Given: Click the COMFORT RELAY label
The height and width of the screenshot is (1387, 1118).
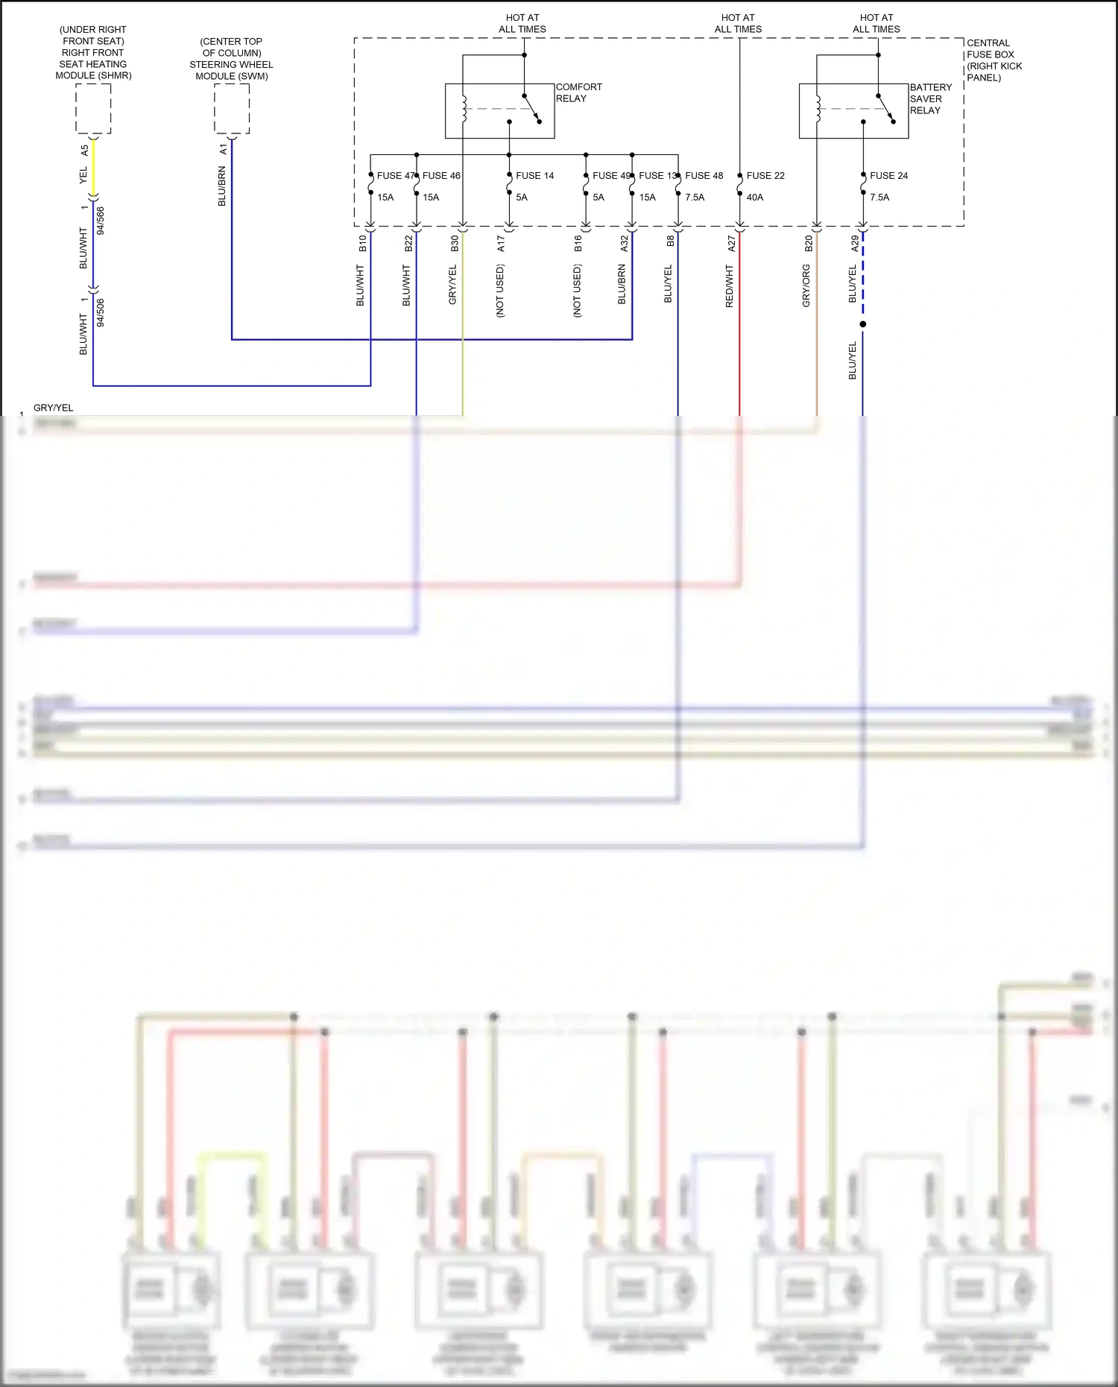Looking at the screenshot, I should pos(578,92).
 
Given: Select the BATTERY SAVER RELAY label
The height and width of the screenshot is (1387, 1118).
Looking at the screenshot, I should pos(930,98).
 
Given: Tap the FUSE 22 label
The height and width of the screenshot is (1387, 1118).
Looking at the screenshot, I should pos(765,176).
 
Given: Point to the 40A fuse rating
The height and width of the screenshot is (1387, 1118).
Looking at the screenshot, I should pos(755,198).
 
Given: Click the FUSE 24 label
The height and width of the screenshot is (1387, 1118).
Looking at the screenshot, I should pos(888,176).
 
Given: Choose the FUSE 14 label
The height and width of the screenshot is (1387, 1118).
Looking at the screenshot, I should pos(534,176).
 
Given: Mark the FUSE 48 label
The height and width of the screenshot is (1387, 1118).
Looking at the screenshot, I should pos(704,176).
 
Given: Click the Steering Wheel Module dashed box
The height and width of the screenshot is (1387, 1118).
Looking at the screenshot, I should pos(232,109).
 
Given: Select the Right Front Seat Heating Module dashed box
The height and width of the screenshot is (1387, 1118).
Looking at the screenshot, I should pos(93,109).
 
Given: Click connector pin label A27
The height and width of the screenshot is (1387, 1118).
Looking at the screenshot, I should pos(731,243).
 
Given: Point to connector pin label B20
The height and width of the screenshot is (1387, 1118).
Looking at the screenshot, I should pos(809,243).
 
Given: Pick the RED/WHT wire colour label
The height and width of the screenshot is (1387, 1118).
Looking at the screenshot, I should pos(730,286).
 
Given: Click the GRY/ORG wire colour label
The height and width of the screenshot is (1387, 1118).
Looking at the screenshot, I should pos(806,286).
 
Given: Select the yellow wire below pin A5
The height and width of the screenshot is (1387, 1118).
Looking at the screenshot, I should pos(94,168).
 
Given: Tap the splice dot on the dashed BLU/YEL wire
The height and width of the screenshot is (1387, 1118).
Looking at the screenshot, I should pos(863,324).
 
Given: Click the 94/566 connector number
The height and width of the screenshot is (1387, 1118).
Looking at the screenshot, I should pos(101,221).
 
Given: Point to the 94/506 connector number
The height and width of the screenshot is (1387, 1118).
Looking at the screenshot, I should pos(101,312).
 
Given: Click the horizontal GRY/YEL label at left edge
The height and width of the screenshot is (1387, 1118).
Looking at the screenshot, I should pos(53,408).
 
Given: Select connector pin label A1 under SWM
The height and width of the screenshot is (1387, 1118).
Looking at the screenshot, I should pos(223,150).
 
